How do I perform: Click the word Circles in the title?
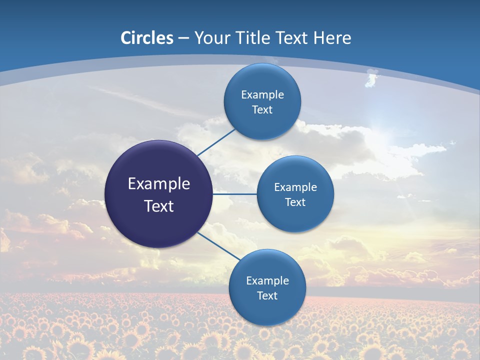point(147,38)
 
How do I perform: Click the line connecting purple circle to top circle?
point(216,142)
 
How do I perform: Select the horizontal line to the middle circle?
point(234,194)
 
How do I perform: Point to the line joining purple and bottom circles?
point(219,245)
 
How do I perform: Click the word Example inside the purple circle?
point(159,183)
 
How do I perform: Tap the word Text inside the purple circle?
point(159,206)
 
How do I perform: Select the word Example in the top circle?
point(262,94)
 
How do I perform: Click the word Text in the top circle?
point(262,110)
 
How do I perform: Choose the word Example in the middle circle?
point(295,187)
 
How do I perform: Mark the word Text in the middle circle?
point(295,202)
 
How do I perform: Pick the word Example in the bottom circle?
point(267,280)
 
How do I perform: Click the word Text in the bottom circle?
point(267,295)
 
